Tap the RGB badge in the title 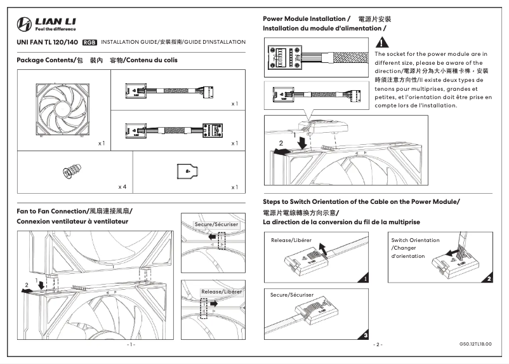point(89,42)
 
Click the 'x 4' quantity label point(122,187)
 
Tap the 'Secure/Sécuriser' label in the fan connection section point(216,225)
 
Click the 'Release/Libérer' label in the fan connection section point(221,291)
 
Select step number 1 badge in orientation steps point(366,278)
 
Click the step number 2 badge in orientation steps point(489,278)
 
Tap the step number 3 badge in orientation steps point(366,334)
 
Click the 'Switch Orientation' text point(415,240)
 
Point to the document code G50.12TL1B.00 point(475,344)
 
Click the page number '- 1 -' point(131,344)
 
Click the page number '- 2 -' point(378,344)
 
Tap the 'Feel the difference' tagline point(56,29)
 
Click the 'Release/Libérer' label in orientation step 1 point(291,241)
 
